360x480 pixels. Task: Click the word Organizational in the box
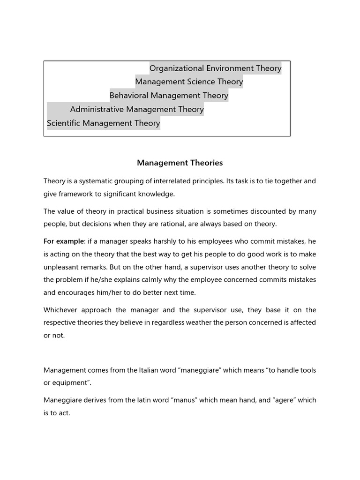(177, 68)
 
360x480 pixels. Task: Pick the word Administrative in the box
(97, 110)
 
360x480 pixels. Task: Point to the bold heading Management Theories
(180, 163)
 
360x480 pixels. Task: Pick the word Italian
(152, 370)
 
